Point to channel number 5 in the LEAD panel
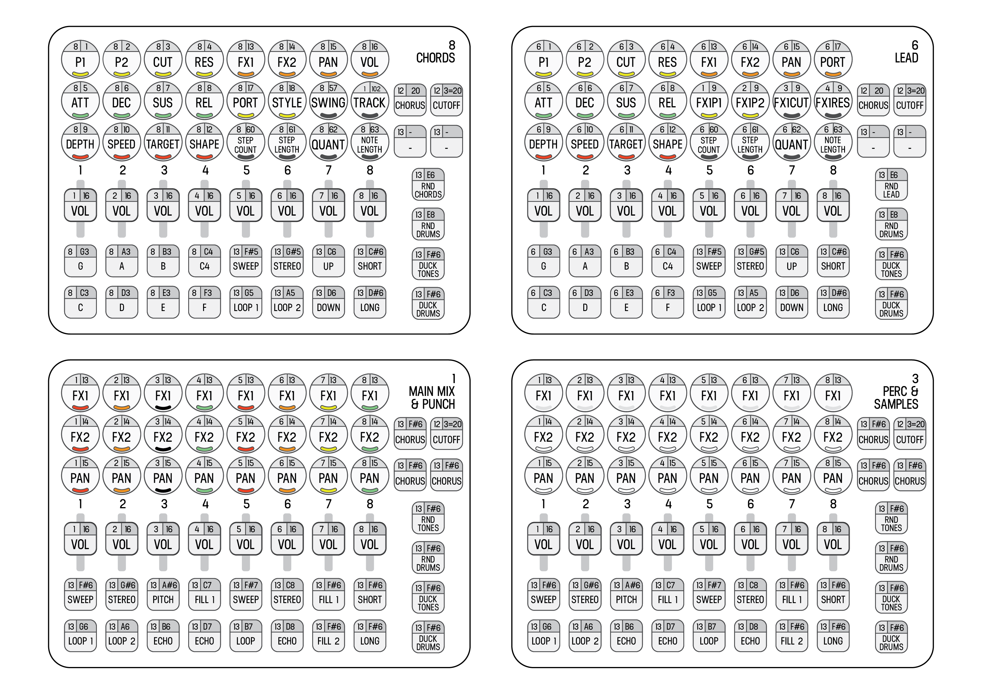pyautogui.click(x=709, y=170)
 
